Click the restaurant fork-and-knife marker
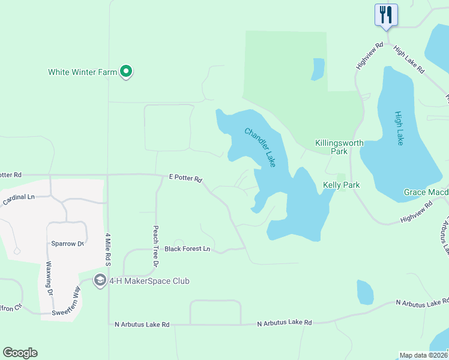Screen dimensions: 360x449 [x=385, y=14]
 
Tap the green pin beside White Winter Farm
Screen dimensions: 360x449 [x=126, y=72]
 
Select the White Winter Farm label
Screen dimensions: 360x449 [x=83, y=73]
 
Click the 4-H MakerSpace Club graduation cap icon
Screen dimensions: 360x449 [x=100, y=280]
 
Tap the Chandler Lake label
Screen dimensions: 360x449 [x=260, y=148]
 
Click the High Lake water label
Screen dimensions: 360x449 [x=399, y=128]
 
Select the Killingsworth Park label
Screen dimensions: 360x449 [x=332, y=148]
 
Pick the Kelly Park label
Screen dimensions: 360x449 [x=341, y=185]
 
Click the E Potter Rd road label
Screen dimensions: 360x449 [x=185, y=179]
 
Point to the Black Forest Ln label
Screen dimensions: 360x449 [x=187, y=248]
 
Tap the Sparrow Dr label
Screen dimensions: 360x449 [x=67, y=244]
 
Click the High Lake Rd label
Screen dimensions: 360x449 [x=409, y=59]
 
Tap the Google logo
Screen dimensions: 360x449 [x=20, y=353]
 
